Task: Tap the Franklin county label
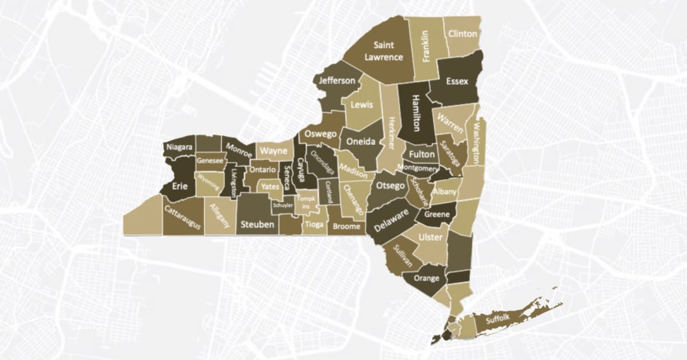[x=427, y=46]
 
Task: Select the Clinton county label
[x=463, y=34]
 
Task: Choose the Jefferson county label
[x=338, y=81]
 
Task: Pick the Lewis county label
[x=361, y=105]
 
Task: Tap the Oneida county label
[x=361, y=141]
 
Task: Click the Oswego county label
[x=320, y=134]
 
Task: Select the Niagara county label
[x=179, y=148]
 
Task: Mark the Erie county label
[x=180, y=186]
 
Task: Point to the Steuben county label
[x=257, y=224]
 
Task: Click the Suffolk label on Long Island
[x=498, y=321]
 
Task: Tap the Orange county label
[x=427, y=279]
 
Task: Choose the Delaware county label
[x=392, y=220]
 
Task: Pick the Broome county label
[x=346, y=227]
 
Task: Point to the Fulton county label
[x=422, y=154]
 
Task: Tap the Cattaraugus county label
[x=183, y=218]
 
